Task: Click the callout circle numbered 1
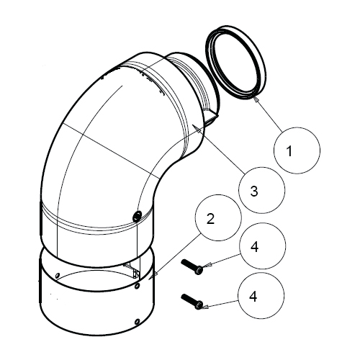click(x=297, y=150)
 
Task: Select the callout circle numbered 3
click(x=262, y=190)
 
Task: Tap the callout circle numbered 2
click(x=219, y=217)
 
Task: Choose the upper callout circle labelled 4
click(x=263, y=246)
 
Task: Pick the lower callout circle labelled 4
click(x=261, y=295)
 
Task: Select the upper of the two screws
click(x=192, y=267)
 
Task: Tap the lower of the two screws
click(x=192, y=302)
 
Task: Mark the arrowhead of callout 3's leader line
click(x=199, y=130)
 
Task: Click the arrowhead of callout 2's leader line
click(x=153, y=276)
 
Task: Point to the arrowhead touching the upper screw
click(x=208, y=265)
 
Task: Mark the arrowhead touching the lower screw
click(x=206, y=307)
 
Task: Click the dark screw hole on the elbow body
click(x=137, y=215)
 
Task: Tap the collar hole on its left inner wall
click(x=57, y=276)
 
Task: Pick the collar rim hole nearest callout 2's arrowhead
click(x=137, y=286)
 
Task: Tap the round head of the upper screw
click(x=199, y=271)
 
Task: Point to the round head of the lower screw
click(x=199, y=305)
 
